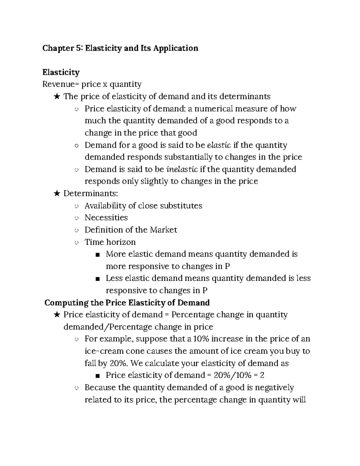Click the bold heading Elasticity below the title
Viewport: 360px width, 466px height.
pyautogui.click(x=61, y=72)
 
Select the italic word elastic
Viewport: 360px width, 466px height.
pyautogui.click(x=219, y=145)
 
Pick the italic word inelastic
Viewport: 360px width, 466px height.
pyautogui.click(x=182, y=169)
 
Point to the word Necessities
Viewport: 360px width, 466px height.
pyautogui.click(x=106, y=218)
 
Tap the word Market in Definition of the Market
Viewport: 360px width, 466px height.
pyautogui.click(x=163, y=230)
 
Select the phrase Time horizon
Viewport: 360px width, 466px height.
pyautogui.click(x=110, y=242)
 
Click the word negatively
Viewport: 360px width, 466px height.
pyautogui.click(x=274, y=387)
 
